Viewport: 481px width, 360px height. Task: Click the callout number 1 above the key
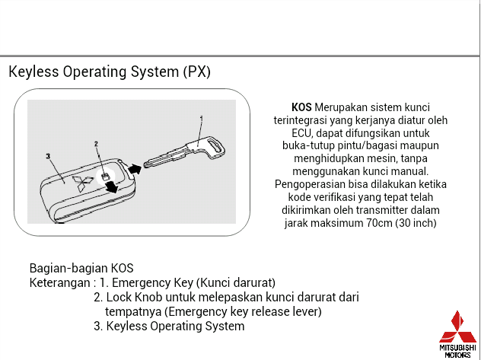(201, 119)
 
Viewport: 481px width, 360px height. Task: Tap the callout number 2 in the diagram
(96, 144)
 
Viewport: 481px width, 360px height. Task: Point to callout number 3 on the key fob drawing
(48, 156)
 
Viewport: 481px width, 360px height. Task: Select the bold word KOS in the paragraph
(301, 107)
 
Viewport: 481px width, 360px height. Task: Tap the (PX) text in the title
(196, 72)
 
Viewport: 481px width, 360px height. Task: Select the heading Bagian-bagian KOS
(81, 268)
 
